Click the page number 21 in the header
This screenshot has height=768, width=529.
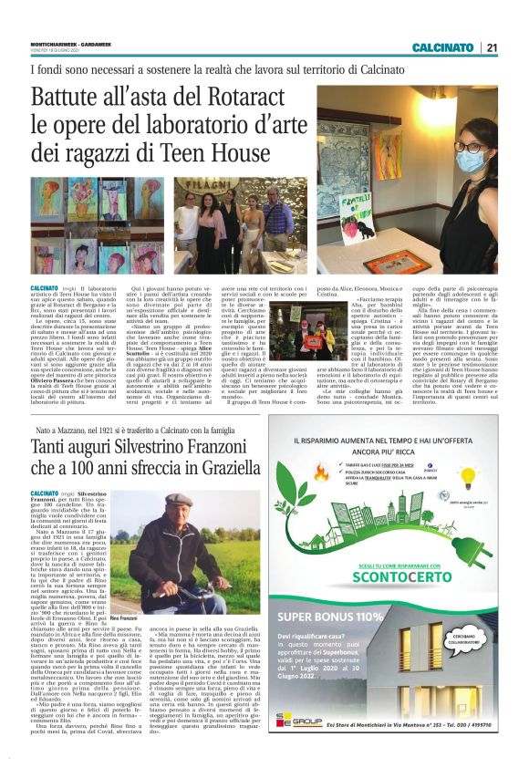tap(492, 47)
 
